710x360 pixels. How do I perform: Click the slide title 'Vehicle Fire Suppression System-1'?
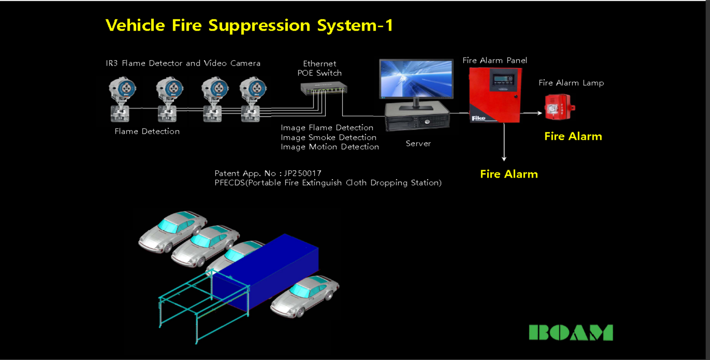(x=249, y=26)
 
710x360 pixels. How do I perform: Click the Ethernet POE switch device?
(x=323, y=89)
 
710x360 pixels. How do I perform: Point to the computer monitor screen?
(x=416, y=78)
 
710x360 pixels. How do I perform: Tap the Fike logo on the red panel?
(x=478, y=118)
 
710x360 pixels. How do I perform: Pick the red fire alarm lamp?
(x=559, y=107)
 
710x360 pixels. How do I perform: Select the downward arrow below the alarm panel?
(x=504, y=143)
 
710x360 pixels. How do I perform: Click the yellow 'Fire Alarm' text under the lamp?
(x=573, y=136)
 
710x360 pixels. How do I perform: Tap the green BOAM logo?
(x=571, y=333)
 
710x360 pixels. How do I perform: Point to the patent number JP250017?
(x=303, y=173)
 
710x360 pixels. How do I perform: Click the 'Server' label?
(x=418, y=144)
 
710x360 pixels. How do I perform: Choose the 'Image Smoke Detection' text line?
(x=328, y=137)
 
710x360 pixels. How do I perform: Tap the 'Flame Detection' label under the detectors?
(x=147, y=131)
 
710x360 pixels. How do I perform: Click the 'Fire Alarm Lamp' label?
(x=571, y=83)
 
